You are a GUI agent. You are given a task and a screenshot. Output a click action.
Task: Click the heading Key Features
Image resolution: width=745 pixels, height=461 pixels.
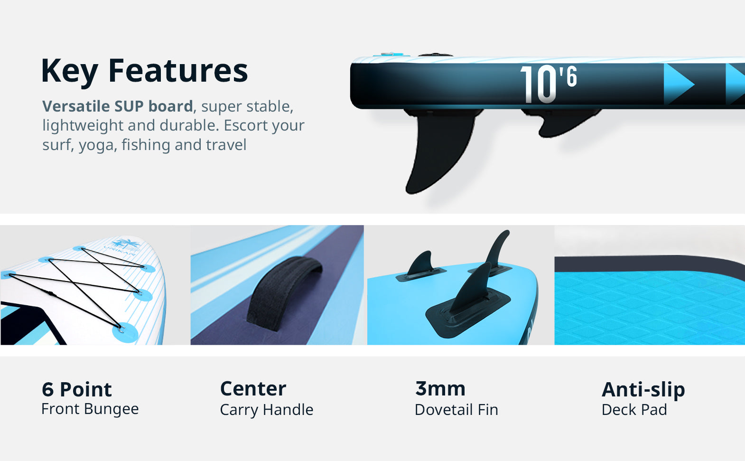[x=144, y=71]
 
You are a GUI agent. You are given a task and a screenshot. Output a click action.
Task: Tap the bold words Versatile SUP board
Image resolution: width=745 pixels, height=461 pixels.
[x=117, y=106]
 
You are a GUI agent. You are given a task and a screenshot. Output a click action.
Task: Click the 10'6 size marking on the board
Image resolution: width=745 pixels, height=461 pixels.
[x=549, y=84]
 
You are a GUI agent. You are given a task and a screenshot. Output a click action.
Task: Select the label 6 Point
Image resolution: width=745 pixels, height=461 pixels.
[x=76, y=389]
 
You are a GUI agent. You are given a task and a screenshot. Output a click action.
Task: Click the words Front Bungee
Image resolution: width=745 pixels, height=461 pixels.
[x=90, y=409]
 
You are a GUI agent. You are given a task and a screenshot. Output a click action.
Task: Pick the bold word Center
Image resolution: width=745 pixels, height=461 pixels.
[x=253, y=389]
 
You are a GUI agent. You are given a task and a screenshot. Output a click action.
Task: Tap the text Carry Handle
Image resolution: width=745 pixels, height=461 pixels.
[x=266, y=410]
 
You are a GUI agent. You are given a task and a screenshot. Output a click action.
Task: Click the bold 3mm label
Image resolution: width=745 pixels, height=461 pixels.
[x=440, y=389]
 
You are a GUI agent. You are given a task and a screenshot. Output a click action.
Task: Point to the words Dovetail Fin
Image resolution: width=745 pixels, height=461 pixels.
[x=456, y=410]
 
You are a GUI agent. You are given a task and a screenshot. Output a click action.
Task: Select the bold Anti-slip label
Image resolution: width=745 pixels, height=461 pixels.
[x=643, y=389]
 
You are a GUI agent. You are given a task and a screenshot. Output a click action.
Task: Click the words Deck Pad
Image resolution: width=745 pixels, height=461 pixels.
[x=634, y=410]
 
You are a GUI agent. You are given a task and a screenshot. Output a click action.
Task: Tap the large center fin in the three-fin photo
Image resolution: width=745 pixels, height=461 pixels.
[x=471, y=290]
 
